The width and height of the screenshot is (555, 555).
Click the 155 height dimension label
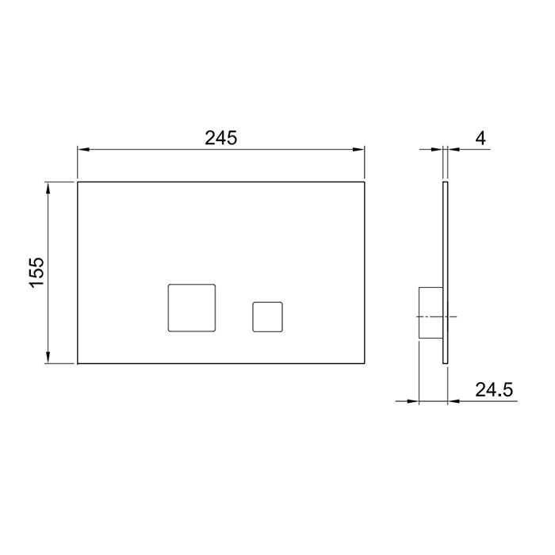point(37,273)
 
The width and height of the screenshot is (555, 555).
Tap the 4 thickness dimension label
point(480,137)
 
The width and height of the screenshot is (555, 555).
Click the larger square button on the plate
point(192,306)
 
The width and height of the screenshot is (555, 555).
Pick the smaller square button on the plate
point(267,316)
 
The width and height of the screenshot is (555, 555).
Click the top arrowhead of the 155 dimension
point(50,187)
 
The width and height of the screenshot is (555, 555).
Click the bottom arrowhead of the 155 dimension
point(50,358)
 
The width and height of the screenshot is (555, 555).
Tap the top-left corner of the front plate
point(78,182)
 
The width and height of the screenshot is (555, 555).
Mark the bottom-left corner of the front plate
point(78,363)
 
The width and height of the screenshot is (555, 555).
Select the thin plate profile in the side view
point(446,238)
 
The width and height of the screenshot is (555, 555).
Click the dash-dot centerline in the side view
point(435,316)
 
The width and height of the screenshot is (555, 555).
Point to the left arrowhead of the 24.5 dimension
point(413,401)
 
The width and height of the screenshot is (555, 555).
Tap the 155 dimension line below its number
point(50,325)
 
